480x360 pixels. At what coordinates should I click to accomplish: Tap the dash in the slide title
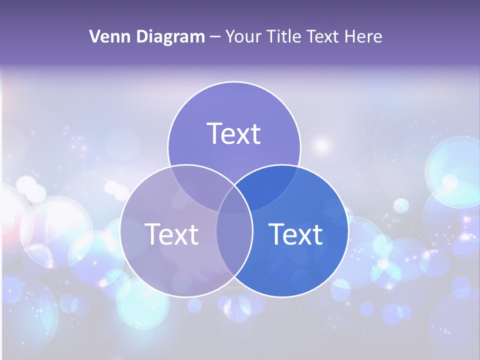[215, 37]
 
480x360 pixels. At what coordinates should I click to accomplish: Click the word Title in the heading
[284, 36]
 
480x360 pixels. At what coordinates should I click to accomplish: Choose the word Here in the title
[365, 36]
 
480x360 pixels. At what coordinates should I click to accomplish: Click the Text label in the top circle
[234, 133]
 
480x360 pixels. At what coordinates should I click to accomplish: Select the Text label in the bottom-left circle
[171, 234]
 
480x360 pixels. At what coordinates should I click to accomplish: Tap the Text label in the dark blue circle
[295, 234]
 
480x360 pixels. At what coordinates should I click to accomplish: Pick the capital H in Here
[353, 36]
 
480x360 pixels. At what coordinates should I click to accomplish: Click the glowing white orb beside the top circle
[322, 145]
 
